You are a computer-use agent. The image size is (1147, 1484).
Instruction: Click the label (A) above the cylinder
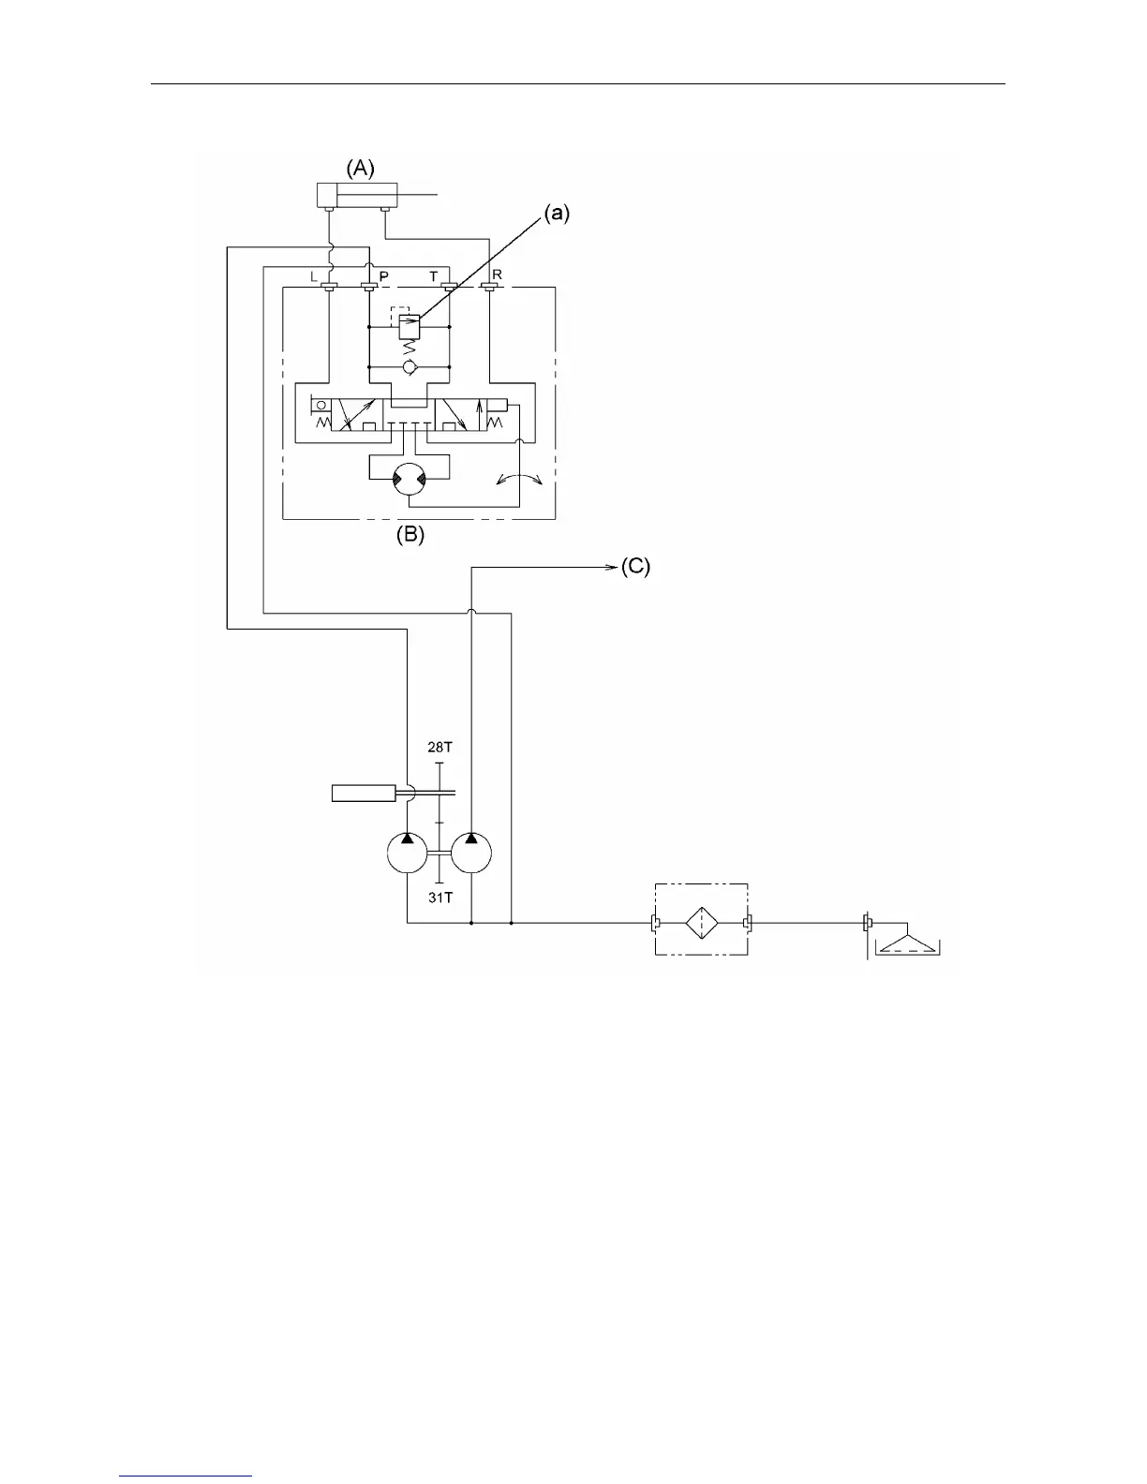(x=361, y=169)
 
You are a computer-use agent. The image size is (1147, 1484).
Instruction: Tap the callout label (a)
(x=557, y=213)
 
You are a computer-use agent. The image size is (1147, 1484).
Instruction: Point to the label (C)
(x=634, y=567)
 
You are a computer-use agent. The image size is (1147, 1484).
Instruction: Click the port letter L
(x=314, y=276)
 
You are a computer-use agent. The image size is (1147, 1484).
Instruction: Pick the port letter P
(x=383, y=276)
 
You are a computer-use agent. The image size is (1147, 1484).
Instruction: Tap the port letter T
(x=433, y=276)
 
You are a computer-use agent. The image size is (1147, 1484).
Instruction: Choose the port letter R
(x=497, y=275)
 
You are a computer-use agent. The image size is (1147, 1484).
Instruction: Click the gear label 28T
(x=439, y=748)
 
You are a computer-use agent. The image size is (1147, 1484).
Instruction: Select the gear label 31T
(x=440, y=898)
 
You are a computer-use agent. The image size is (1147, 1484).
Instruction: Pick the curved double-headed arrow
(x=519, y=479)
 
